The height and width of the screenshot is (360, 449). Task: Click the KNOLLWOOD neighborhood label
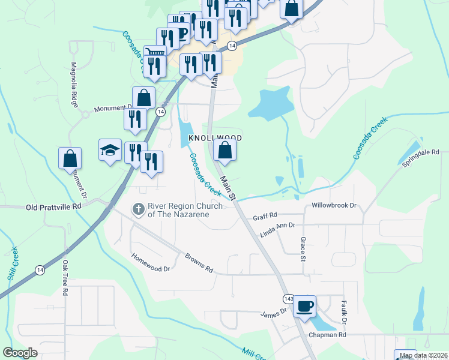click(215, 138)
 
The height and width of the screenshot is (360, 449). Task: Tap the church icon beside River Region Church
click(137, 209)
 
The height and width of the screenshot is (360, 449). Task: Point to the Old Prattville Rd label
click(53, 207)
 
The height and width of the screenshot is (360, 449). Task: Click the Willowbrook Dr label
click(334, 205)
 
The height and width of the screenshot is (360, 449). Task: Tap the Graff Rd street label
click(265, 214)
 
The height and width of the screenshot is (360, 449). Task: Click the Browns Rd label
click(199, 262)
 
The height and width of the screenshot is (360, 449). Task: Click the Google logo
click(20, 353)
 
